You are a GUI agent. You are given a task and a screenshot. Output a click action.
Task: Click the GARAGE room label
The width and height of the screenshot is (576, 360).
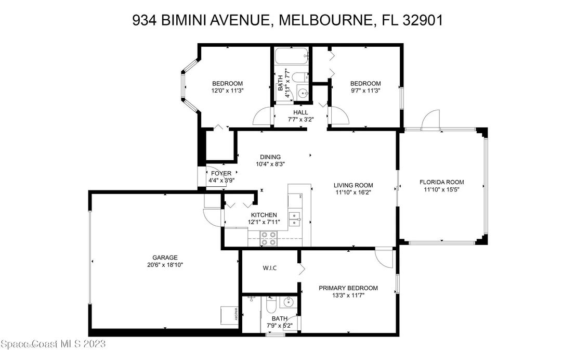point(165,258)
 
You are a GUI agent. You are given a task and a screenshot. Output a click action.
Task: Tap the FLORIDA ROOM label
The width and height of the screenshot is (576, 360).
point(441,182)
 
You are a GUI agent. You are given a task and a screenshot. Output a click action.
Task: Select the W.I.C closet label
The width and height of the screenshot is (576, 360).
point(270,268)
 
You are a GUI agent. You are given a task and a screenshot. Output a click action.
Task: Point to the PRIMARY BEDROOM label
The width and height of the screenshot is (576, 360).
point(348,288)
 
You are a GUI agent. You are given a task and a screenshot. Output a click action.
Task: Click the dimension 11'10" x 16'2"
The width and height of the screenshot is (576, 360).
point(353,192)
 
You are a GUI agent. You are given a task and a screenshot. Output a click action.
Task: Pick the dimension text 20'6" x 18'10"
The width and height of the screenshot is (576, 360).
point(165,265)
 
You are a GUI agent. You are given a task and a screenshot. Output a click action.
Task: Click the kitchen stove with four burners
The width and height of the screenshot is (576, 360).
point(269,238)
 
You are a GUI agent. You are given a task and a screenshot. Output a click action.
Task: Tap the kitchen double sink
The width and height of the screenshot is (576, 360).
point(295,219)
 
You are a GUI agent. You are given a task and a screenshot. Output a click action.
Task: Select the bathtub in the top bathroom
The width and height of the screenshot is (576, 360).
point(291,56)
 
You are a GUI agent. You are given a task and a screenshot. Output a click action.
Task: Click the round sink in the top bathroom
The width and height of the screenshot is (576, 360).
point(303,94)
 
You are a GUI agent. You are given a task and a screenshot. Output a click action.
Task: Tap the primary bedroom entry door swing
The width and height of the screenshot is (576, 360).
point(384,259)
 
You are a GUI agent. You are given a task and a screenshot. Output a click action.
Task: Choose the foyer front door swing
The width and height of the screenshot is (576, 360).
point(216,177)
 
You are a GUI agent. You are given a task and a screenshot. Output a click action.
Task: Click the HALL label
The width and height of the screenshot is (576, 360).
point(300,112)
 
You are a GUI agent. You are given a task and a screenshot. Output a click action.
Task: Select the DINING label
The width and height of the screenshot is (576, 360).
point(270,157)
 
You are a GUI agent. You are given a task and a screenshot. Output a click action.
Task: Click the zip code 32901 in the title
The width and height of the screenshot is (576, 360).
point(423,20)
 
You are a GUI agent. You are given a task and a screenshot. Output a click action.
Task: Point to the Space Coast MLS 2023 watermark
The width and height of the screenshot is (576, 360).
point(53,344)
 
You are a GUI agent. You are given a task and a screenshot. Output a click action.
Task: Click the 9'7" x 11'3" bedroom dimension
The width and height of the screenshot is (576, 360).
point(365,91)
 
